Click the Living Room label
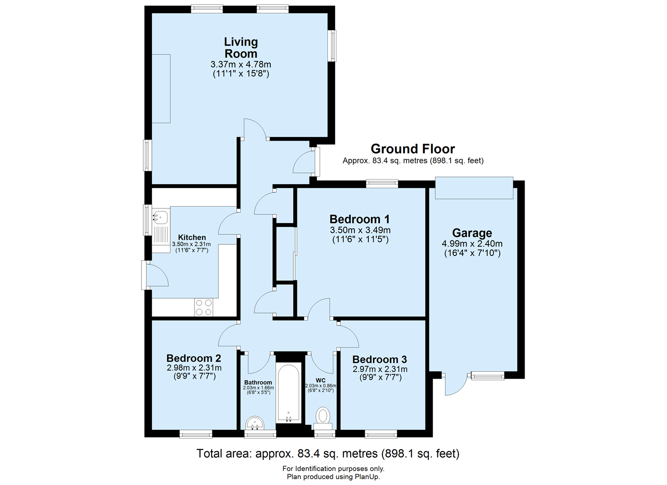pyautogui.click(x=241, y=48)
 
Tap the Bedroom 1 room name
pyautogui.click(x=360, y=219)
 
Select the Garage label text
pyautogui.click(x=472, y=233)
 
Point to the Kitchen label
pyautogui.click(x=192, y=238)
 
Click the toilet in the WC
pyautogui.click(x=322, y=416)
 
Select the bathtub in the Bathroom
pyautogui.click(x=288, y=392)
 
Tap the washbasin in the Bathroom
pyautogui.click(x=255, y=423)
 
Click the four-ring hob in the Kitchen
pyautogui.click(x=203, y=308)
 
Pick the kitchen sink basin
pyautogui.click(x=160, y=217)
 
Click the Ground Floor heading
pyautogui.click(x=413, y=149)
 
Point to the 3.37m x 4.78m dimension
pyautogui.click(x=241, y=65)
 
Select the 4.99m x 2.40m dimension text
pyautogui.click(x=472, y=244)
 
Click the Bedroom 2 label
pyautogui.click(x=194, y=358)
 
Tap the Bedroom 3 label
pyautogui.click(x=380, y=360)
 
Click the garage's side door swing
pyautogui.click(x=455, y=385)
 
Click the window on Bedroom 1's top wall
pyautogui.click(x=382, y=183)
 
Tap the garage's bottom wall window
pyautogui.click(x=487, y=376)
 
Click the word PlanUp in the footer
pyautogui.click(x=367, y=477)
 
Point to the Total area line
pyautogui.click(x=328, y=454)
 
